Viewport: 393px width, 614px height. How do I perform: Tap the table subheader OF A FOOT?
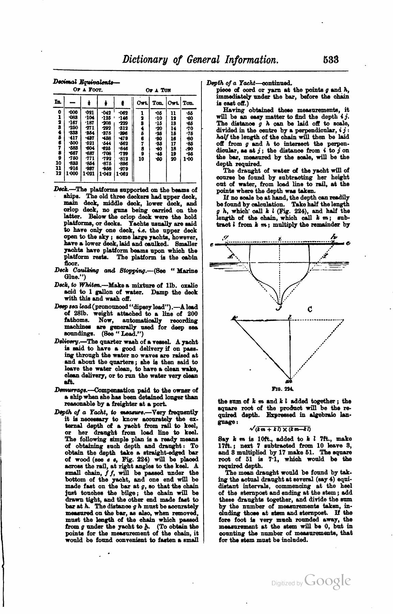[x=88, y=90]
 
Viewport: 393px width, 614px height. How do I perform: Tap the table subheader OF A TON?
[x=158, y=90]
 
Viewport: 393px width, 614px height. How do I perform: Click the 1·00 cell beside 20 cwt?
[x=188, y=159]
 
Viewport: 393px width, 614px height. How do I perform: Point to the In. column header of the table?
[x=58, y=102]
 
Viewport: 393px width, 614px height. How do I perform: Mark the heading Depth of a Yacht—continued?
[x=250, y=83]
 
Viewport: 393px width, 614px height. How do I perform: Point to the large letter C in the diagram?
[x=310, y=310]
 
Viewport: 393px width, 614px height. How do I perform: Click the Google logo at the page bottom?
[x=328, y=581]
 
